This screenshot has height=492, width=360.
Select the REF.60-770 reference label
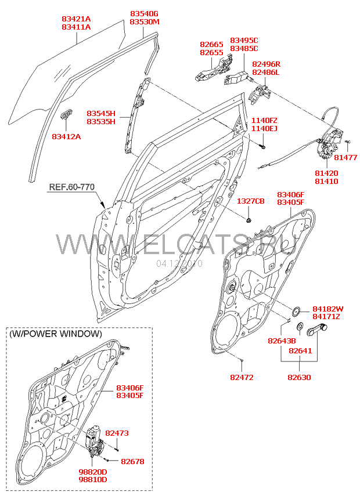pyautogui.click(x=71, y=187)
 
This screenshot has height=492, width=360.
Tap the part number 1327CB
pyautogui.click(x=250, y=201)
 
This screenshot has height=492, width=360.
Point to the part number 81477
pyautogui.click(x=346, y=157)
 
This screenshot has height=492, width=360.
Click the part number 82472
pyautogui.click(x=242, y=377)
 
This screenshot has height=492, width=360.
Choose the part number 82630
pyautogui.click(x=299, y=377)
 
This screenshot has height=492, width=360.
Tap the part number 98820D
pyautogui.click(x=92, y=472)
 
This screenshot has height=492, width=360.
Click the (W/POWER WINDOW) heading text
pyautogui.click(x=55, y=334)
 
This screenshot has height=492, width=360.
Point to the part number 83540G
pyautogui.click(x=144, y=13)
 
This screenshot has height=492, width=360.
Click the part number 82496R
pyautogui.click(x=266, y=64)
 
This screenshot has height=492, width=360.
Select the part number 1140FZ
pyautogui.click(x=264, y=120)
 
